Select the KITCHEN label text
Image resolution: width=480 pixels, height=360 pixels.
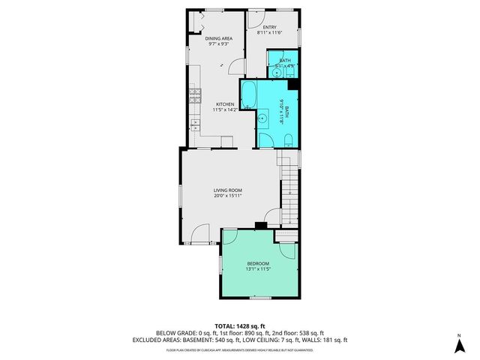point(225,104)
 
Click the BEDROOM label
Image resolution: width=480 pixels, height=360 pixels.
point(259,263)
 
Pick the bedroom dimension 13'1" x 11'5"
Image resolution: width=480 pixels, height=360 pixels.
point(259,269)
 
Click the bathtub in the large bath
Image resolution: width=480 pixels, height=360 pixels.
point(249,95)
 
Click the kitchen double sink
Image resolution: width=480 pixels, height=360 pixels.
point(195,122)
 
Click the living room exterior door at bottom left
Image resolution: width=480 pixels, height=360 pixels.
point(199,235)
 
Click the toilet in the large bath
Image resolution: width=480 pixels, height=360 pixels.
point(289,138)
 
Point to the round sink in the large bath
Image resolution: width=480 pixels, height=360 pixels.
point(263,118)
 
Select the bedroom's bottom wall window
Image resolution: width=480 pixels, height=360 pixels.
point(259,298)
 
